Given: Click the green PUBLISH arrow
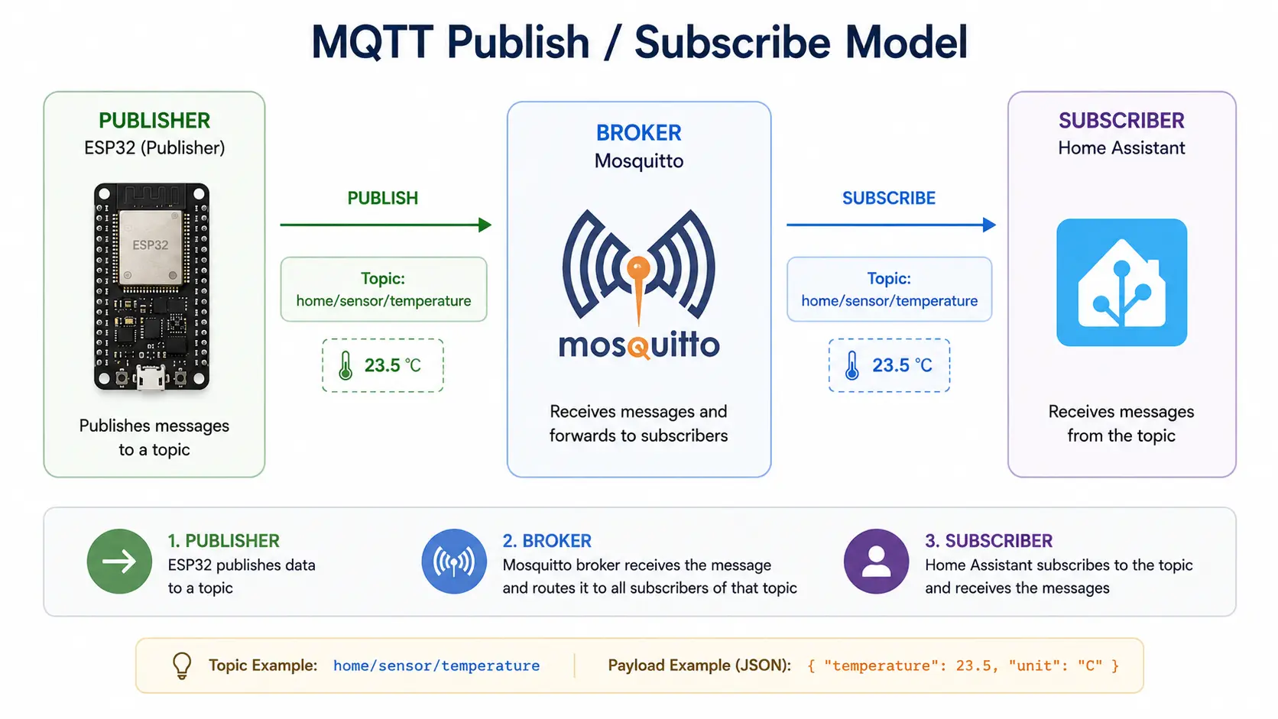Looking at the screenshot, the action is point(386,225).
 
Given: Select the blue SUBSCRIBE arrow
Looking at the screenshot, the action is point(891,225).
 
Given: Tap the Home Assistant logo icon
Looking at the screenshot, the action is point(1121,282).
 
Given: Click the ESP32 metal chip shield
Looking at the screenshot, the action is point(151,247).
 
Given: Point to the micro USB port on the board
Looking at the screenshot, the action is point(151,377).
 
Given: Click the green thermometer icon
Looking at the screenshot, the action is point(345,365).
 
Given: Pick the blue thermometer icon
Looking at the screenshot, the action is point(851,365).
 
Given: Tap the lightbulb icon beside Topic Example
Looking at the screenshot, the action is point(182,666).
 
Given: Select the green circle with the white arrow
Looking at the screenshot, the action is point(119,562).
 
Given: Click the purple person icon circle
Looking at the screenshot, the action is point(877,562).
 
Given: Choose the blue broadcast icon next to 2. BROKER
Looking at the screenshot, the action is point(454,562).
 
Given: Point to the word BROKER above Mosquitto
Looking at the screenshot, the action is point(639,133).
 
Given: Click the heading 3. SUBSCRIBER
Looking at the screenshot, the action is point(989,540).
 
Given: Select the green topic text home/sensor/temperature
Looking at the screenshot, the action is point(384,301).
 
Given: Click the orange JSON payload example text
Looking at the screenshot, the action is point(963,666).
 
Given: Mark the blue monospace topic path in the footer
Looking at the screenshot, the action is point(436,666).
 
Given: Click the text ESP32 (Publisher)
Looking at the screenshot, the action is point(154,148).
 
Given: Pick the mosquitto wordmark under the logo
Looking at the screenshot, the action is point(639,345).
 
